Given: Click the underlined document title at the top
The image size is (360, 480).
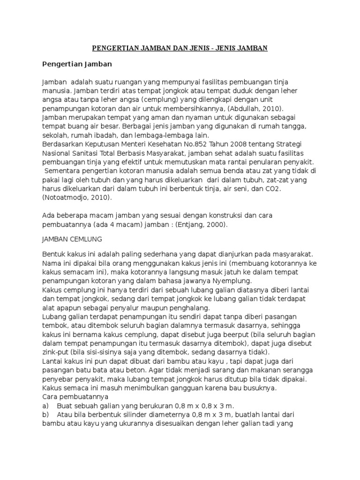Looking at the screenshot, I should [179, 48].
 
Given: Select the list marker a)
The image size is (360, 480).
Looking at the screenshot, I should [45, 406].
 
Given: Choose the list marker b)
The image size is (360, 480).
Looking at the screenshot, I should [45, 415].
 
